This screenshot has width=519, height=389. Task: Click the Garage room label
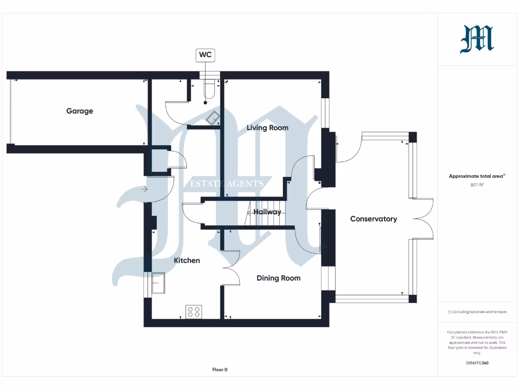coord(80,111)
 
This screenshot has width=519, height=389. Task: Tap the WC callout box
coord(205,55)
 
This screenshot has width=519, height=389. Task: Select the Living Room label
coord(267,128)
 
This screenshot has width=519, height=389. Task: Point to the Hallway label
coord(267,212)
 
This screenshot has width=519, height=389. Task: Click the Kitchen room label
coord(187,260)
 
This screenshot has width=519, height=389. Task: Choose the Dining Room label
coord(278,278)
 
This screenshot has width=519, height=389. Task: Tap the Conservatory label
coord(374,219)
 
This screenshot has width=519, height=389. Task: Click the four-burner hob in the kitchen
coord(194,312)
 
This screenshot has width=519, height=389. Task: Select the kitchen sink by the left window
coord(158,282)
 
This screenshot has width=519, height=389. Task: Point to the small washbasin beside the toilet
coord(213,116)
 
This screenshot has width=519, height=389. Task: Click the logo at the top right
coord(477,40)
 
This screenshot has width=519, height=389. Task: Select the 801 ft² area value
coord(477,185)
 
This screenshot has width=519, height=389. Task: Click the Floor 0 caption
coord(219,370)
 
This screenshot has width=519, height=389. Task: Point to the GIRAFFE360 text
coord(477,363)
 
